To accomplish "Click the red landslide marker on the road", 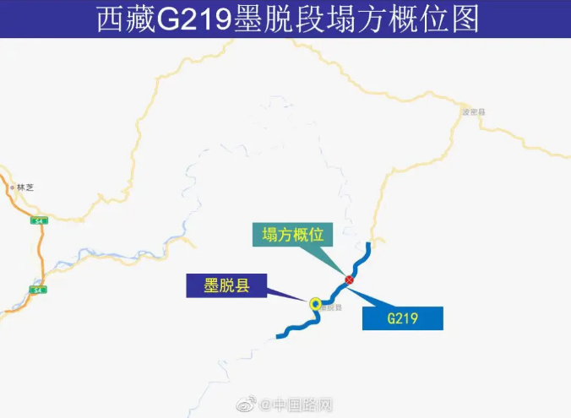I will click(349, 280).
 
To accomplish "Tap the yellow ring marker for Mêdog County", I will click(315, 303).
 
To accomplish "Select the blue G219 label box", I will click(403, 318).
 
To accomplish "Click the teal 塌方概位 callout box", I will click(293, 233).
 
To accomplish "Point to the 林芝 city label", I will click(24, 187).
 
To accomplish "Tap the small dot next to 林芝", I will click(9, 187).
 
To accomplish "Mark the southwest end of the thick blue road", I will click(279, 337).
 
